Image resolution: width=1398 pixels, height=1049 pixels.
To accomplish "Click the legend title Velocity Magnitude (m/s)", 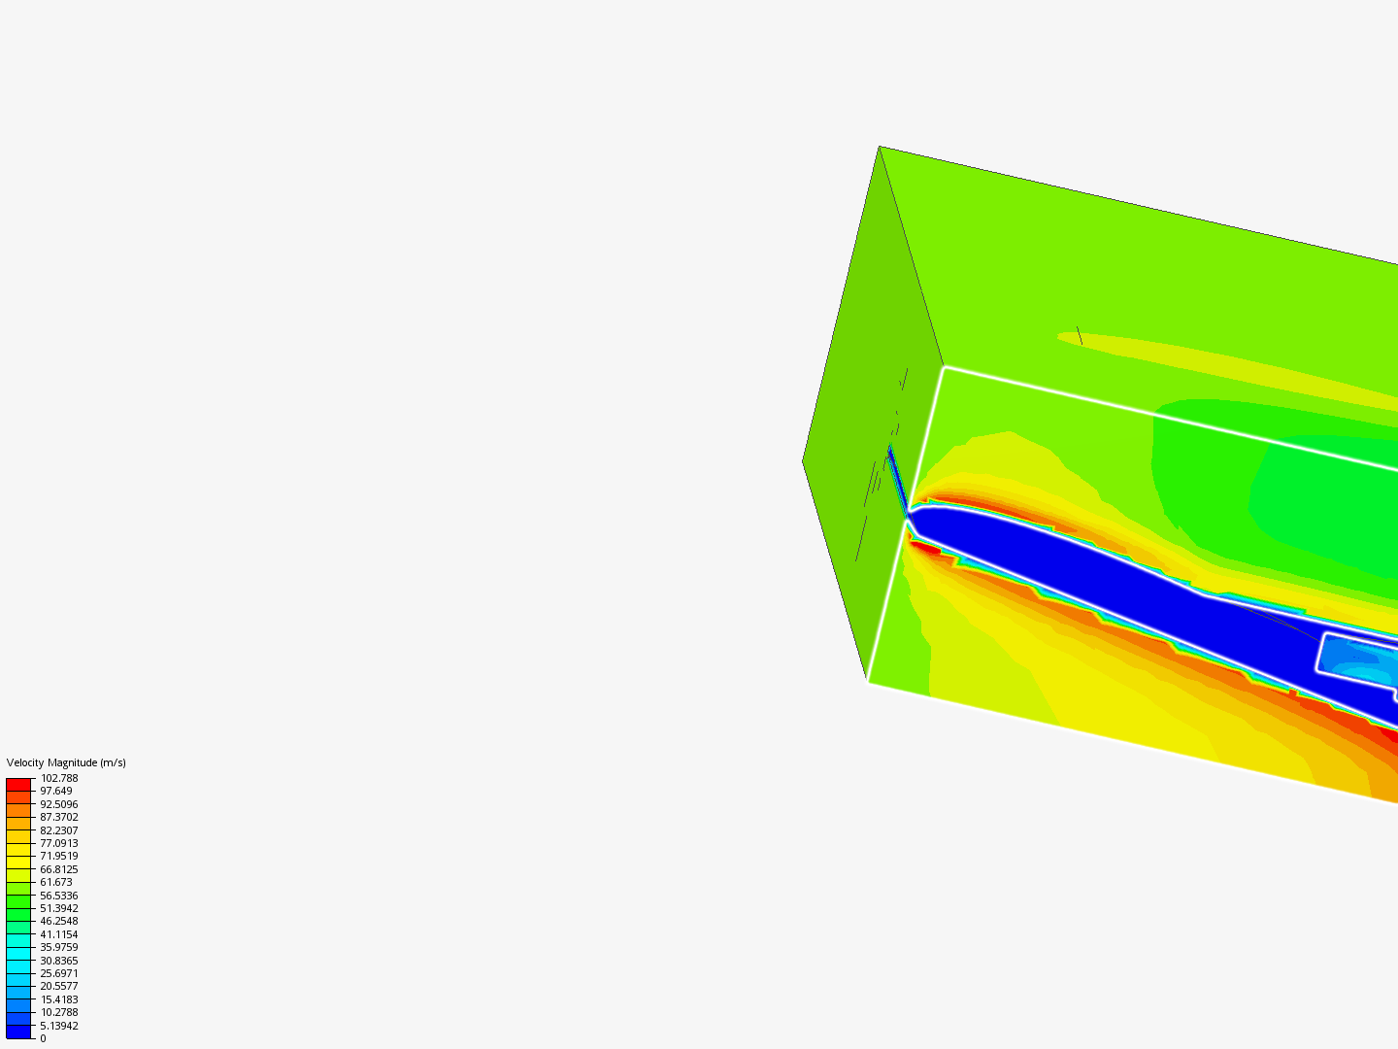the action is pos(66,762).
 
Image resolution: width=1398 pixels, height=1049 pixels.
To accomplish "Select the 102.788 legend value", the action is pos(59,778).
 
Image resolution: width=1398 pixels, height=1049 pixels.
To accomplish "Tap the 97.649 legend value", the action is pos(56,791).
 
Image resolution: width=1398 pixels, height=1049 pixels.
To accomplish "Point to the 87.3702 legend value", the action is pos(59,817).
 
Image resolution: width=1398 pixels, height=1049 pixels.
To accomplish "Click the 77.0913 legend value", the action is pos(59,843).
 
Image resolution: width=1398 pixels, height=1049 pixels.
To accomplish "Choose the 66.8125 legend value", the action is pos(59,869).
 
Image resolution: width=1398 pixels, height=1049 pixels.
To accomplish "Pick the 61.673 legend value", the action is pos(56,882).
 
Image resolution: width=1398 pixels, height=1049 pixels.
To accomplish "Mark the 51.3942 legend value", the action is pos(59,908).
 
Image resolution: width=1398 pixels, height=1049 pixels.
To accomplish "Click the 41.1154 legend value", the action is pos(59,934).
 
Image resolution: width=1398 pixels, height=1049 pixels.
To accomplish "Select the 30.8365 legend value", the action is pos(59,961).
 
